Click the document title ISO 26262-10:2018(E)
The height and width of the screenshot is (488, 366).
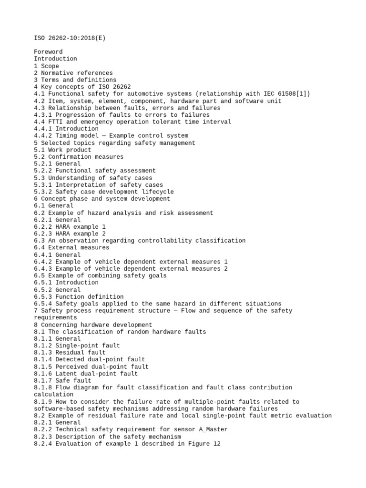coord(70,38)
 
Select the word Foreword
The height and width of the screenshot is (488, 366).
coord(48,51)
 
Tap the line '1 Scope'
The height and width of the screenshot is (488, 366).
coord(47,66)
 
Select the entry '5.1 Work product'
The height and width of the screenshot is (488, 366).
coord(62,150)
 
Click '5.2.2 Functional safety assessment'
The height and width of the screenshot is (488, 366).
coord(95,171)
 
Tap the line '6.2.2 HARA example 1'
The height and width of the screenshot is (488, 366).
coord(70,227)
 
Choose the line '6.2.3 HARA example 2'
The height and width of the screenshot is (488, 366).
coord(70,234)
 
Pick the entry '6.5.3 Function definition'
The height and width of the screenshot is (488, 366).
coord(79,296)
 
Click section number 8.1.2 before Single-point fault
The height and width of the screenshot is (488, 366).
coord(43,346)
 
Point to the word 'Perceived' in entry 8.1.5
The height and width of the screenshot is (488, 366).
coord(73,366)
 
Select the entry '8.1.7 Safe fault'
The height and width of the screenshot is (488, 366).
coord(62,381)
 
